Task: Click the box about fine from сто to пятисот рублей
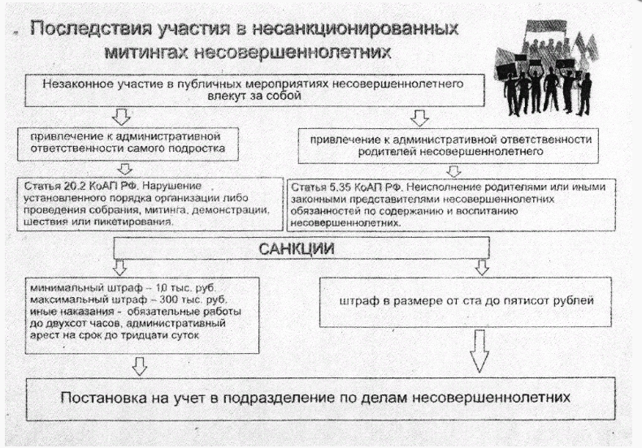tap(466, 299)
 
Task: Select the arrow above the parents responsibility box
tap(419, 118)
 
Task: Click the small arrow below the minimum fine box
tap(140, 366)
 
